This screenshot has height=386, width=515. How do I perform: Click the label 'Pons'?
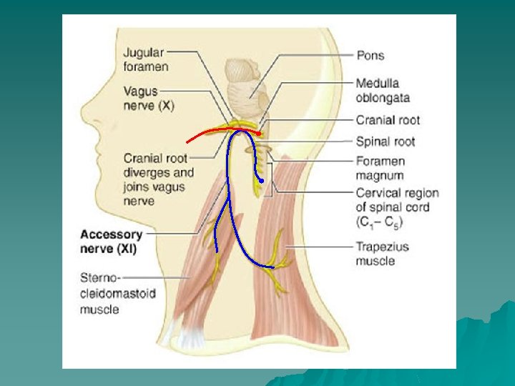(x=370, y=55)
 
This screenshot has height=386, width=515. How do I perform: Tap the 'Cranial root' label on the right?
(x=388, y=120)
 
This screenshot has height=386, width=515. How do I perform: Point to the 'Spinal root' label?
(x=385, y=142)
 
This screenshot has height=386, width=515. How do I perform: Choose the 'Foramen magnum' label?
(x=380, y=168)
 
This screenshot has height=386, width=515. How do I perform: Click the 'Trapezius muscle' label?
(x=382, y=254)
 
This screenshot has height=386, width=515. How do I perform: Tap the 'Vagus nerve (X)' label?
(x=149, y=98)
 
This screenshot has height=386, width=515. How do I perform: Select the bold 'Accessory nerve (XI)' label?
(x=111, y=242)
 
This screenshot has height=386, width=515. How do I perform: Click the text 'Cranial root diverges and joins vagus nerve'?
(x=158, y=179)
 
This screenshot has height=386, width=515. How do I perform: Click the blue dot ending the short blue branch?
(x=262, y=182)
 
